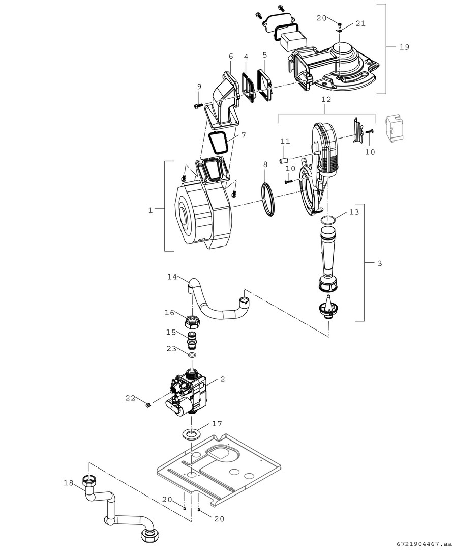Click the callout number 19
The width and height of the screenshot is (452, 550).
point(404,47)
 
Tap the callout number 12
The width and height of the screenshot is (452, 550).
point(326,100)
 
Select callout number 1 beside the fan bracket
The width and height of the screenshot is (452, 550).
point(150,209)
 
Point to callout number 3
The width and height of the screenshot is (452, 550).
point(380,263)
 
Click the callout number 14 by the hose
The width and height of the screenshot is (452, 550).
point(172,277)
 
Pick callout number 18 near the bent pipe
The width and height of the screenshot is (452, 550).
point(68,482)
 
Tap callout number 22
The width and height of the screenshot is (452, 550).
point(131,398)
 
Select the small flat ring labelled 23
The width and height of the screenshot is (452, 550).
point(192,354)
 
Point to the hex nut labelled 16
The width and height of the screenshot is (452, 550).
point(193,322)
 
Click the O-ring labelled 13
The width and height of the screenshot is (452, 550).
point(327,220)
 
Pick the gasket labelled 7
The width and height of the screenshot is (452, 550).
point(219,141)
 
